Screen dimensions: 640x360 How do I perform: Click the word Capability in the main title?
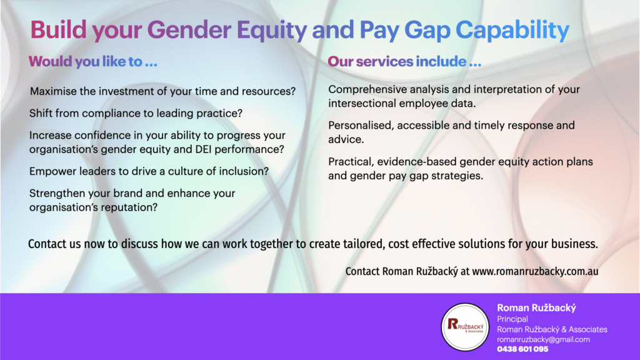pos(512,30)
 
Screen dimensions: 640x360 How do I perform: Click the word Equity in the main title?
pos(272,30)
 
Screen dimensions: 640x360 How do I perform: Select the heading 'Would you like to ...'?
pos(93,62)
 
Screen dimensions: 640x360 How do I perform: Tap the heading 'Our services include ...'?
pos(404,62)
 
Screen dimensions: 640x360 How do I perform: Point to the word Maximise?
pos(53,91)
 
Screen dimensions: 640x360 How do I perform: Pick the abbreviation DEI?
pos(203,149)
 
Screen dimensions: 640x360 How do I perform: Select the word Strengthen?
pos(57,194)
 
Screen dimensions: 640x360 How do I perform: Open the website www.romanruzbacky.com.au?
pos(535,271)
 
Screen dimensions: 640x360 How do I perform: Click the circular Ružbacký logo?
pos(465,327)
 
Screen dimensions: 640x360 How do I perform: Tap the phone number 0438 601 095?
pos(522,349)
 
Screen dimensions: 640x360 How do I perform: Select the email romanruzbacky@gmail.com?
pos(543,339)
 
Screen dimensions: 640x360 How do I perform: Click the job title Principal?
pos(512,319)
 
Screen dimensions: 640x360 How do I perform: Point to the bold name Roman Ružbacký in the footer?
pos(536,308)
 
